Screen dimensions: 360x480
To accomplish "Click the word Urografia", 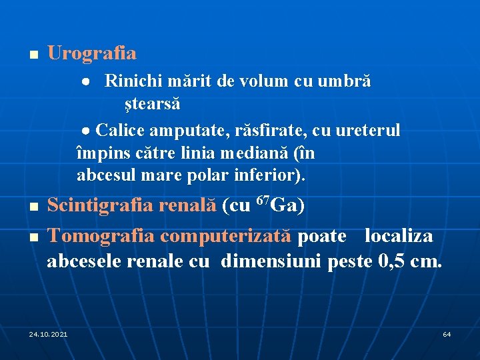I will point(91,53).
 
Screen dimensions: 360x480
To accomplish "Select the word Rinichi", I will point(129,81).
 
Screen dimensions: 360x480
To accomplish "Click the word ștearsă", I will point(151,105).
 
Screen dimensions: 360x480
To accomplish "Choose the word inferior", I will point(274,177).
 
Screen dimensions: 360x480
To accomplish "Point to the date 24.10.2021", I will point(48,333).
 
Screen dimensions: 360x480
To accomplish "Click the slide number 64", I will point(447,333).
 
